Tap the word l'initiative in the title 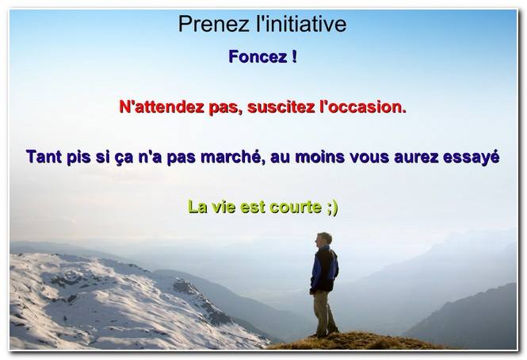301,24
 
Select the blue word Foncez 258,56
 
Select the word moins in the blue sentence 320,157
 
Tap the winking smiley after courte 332,208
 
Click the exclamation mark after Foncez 294,56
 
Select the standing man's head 323,239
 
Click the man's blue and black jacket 324,269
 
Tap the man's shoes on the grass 325,333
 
